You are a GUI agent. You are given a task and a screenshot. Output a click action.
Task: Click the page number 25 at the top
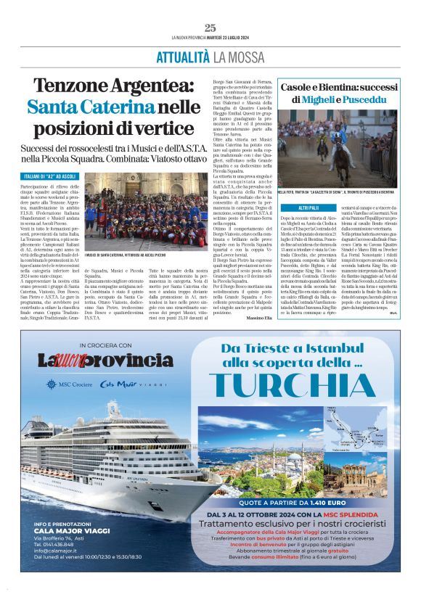point(210,28)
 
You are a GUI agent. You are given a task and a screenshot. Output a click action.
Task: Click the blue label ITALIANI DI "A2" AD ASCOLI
point(49,176)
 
